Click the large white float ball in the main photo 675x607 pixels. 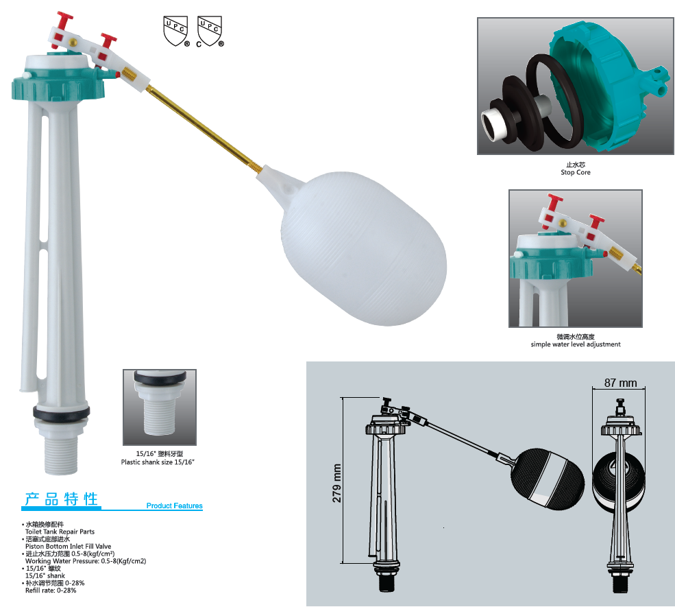pos(364,249)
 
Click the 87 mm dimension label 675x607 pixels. pos(620,383)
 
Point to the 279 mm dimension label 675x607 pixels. pos(336,483)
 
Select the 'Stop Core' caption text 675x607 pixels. pos(576,172)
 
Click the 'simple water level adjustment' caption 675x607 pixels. pos(576,344)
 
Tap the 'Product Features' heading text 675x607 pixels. pos(174,505)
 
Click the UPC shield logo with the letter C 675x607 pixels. pos(210,32)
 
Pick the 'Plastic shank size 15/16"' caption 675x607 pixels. pos(158,462)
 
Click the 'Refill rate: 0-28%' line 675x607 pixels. pos(51,591)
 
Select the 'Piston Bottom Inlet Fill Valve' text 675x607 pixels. pos(68,546)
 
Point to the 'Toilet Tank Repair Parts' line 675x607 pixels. pos(60,532)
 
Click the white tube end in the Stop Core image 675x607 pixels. pos(493,124)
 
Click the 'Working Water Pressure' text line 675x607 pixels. pos(86,561)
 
